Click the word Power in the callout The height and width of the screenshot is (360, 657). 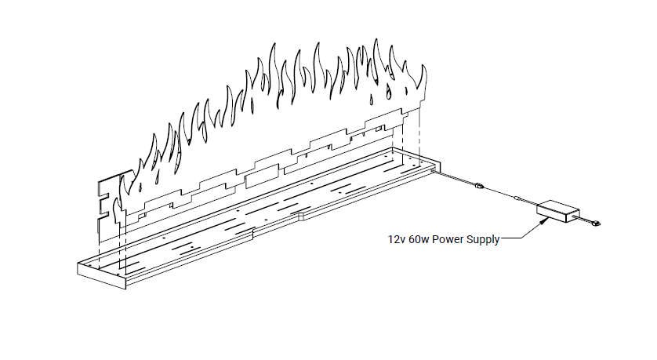coord(443,240)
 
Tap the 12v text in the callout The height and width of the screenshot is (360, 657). coord(395,240)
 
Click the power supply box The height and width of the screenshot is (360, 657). coord(557,210)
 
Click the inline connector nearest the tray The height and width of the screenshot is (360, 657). coord(479,186)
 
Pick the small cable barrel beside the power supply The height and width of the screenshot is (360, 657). coord(517,199)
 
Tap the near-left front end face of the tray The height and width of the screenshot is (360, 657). coord(100,275)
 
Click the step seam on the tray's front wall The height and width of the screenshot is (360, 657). coord(253,233)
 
